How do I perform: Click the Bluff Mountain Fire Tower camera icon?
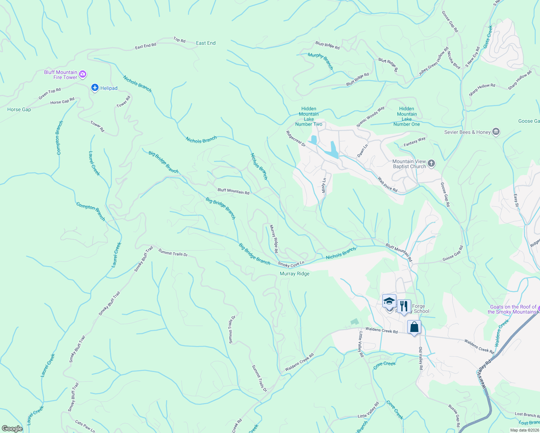coord(83,74)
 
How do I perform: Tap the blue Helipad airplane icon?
coord(95,88)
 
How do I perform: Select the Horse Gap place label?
coord(19,109)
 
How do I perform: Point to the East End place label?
coord(206,43)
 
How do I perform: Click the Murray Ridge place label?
coord(295,274)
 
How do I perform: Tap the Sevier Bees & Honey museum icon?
coord(496,132)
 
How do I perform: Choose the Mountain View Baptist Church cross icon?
coord(431,164)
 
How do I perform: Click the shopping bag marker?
coord(414,327)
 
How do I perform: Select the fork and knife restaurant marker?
coord(404,306)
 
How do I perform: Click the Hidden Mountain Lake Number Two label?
coord(309,116)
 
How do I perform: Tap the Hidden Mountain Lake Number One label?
coord(407,116)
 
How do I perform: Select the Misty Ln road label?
coord(324,185)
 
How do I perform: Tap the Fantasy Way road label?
coord(414,141)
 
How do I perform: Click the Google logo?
coord(12,429)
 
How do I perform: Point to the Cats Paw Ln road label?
coord(85,426)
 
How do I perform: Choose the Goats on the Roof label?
coord(513,309)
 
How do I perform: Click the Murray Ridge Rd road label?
coord(274,239)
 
